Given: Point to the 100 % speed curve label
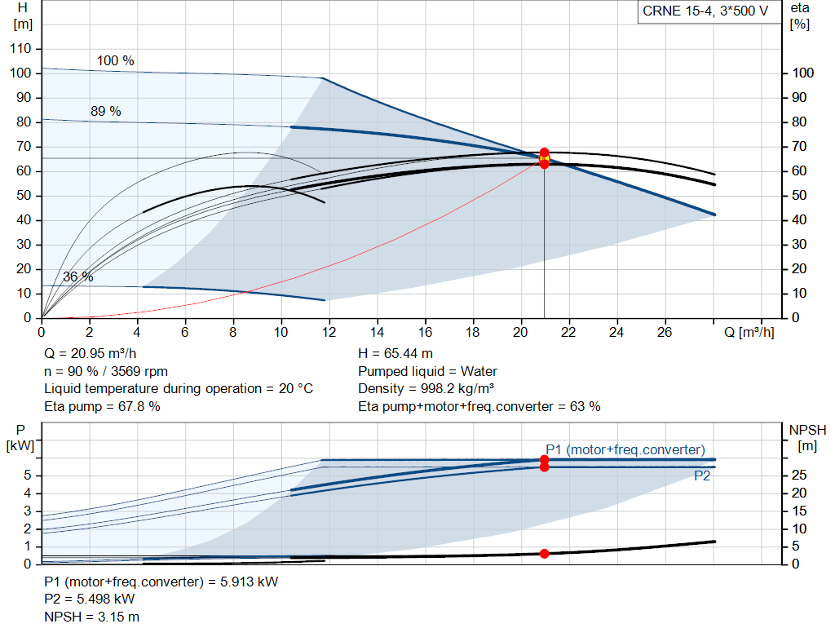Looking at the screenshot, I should coord(116,61).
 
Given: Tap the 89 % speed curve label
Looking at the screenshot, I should coord(105,112).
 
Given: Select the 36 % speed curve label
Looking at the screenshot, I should coord(78,277).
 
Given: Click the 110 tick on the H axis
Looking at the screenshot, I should coord(21,49).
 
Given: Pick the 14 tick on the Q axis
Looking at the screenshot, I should coord(378,333).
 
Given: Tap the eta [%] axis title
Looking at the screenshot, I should coord(800,15).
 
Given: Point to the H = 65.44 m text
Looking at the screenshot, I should coord(395,354).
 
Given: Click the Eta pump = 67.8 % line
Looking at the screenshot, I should coord(102,405).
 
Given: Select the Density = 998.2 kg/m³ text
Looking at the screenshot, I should coord(426,388).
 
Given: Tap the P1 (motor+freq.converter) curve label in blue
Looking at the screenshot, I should coord(625,449).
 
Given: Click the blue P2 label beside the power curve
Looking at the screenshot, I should coord(702,476).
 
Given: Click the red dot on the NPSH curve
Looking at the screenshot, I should coord(545,554).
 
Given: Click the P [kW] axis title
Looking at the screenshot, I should coord(18,437).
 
